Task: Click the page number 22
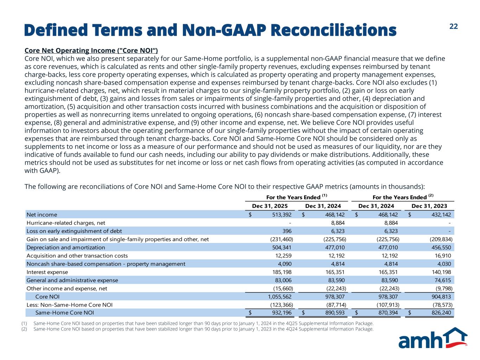click(x=454, y=27)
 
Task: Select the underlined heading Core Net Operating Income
click(x=91, y=51)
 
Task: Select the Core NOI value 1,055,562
click(x=278, y=297)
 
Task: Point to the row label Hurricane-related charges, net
click(x=66, y=223)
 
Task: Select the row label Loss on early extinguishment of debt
click(x=74, y=231)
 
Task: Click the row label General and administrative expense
click(x=72, y=281)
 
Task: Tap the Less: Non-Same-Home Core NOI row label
click(x=70, y=305)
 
